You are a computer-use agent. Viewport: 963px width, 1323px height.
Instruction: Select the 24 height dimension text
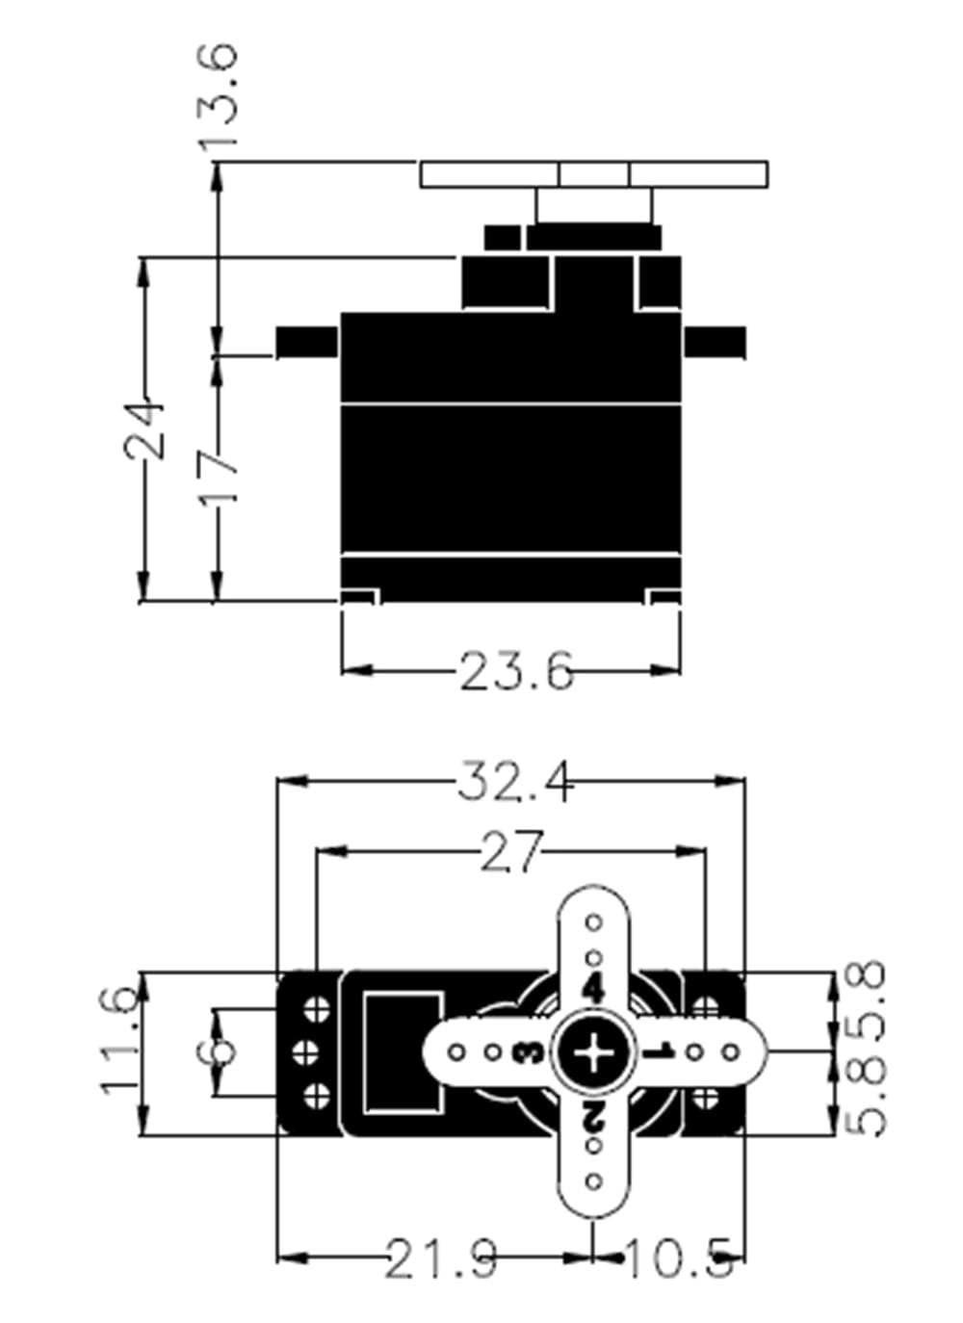(144, 429)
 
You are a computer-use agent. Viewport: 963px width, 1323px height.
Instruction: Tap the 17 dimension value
(219, 474)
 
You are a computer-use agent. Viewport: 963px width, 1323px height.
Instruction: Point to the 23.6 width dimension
(515, 671)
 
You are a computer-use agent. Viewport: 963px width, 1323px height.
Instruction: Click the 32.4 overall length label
(515, 781)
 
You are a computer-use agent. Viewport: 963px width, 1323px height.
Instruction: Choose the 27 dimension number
(511, 852)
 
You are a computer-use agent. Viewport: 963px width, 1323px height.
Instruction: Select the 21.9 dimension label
(442, 1258)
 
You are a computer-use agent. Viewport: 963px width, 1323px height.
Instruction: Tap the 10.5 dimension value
(680, 1258)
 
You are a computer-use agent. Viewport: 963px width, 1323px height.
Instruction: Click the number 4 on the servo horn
(593, 989)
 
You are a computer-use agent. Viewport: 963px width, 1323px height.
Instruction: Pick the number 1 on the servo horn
(660, 1052)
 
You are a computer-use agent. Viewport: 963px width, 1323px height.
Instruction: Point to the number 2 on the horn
(593, 1118)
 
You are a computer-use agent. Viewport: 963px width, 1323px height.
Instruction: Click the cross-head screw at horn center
(593, 1052)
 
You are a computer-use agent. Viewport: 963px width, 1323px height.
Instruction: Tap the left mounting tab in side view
(306, 342)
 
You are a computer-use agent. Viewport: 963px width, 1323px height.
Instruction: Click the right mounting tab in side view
(716, 341)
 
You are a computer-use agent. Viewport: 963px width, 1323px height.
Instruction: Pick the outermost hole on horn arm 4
(594, 922)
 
